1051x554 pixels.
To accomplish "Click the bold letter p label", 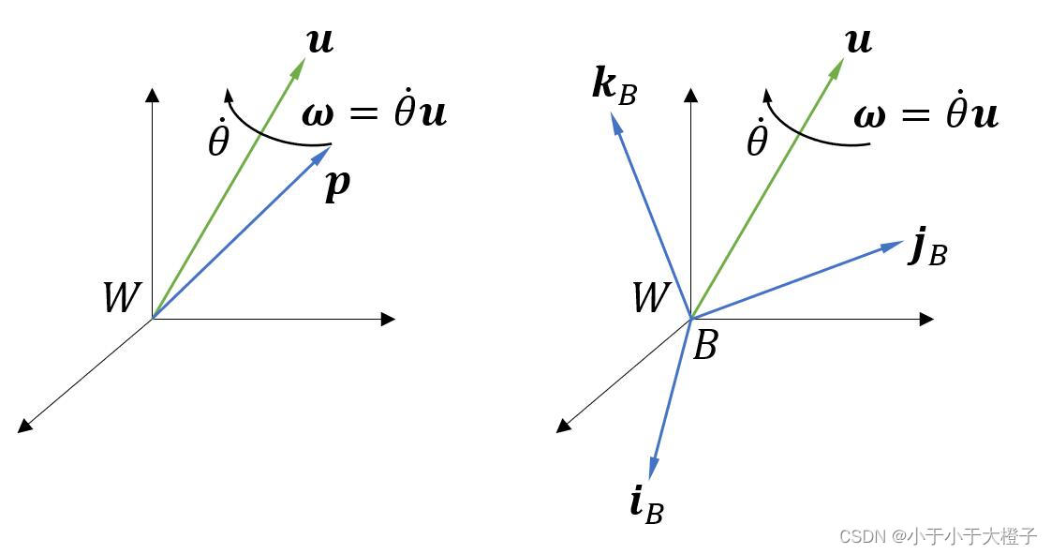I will click(x=337, y=184).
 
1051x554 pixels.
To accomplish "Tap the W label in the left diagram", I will click(x=121, y=297).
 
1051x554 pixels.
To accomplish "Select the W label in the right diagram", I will click(x=650, y=297).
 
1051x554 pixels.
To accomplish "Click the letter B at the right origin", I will click(x=704, y=345).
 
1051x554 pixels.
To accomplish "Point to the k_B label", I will click(x=614, y=85).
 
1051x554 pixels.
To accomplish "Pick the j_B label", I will click(x=928, y=249).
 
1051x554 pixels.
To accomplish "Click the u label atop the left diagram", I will click(x=320, y=41).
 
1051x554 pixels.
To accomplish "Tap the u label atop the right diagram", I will click(x=859, y=41).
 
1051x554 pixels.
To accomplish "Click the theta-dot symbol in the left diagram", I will click(x=218, y=141).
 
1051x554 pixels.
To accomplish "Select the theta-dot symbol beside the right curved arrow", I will click(x=757, y=141).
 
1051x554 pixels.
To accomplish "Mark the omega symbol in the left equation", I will click(x=318, y=114).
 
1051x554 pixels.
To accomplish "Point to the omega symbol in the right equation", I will click(x=869, y=115).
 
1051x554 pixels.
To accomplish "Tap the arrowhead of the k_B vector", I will click(x=614, y=119).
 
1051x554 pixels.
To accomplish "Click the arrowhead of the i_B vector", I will click(x=653, y=471).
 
